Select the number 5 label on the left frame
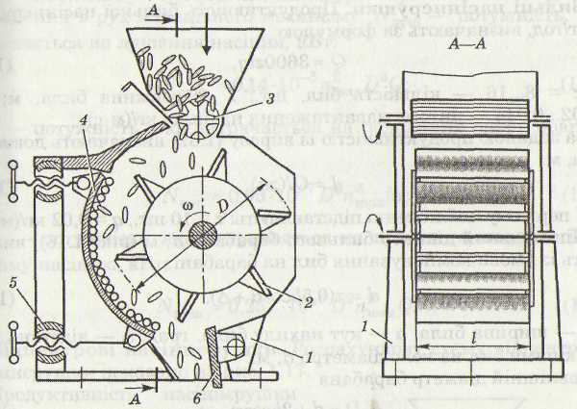click(x=14, y=285)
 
